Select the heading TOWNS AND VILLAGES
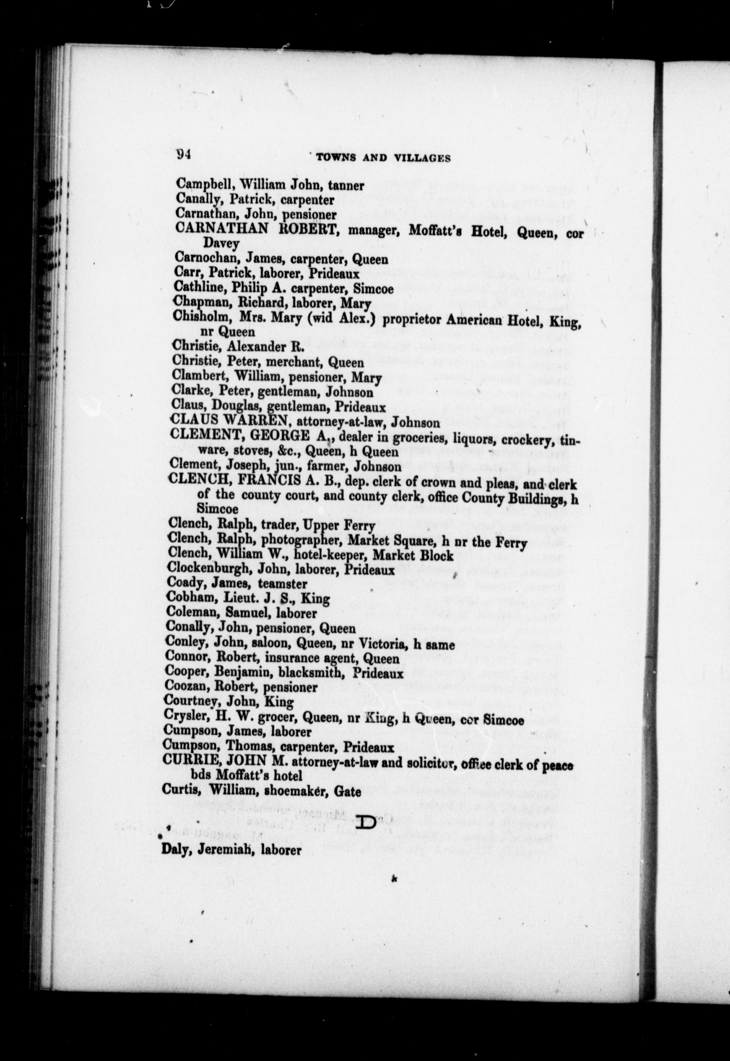[x=383, y=158]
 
